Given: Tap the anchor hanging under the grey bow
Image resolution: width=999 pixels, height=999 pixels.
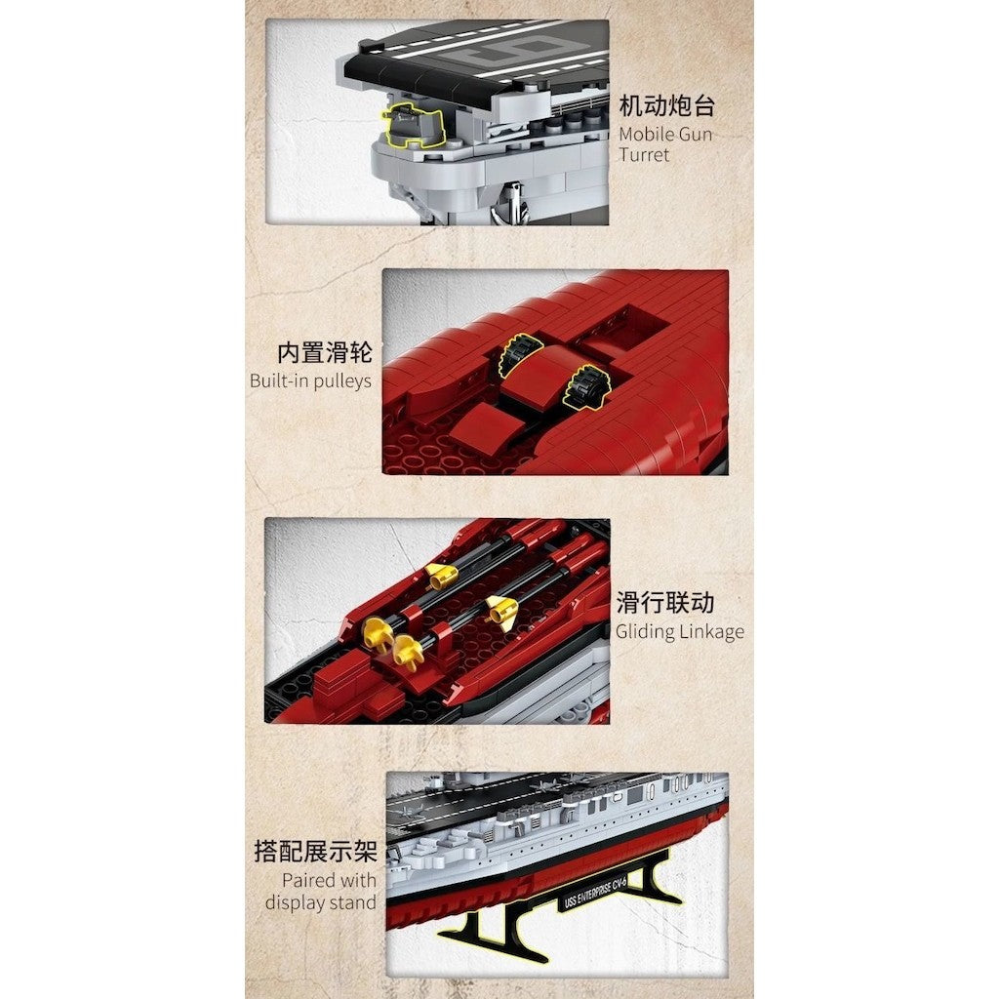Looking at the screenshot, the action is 511,203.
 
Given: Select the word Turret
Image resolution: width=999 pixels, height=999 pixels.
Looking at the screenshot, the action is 644,155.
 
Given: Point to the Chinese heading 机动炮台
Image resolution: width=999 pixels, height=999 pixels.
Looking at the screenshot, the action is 666,105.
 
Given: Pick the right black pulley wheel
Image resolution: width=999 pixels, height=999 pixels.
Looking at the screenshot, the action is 586,386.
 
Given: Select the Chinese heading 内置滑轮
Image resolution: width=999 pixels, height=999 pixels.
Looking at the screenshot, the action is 324,352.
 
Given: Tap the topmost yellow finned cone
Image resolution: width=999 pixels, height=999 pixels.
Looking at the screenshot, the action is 441,576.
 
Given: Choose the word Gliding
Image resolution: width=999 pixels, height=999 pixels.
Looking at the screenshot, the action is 645,632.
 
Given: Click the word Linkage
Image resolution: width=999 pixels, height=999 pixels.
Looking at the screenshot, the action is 711,632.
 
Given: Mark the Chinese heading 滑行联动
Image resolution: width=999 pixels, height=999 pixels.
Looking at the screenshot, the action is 663,602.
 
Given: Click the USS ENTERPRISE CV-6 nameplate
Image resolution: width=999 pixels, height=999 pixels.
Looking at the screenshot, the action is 596,894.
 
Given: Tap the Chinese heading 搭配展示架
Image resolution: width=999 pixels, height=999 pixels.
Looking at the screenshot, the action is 315,851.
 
